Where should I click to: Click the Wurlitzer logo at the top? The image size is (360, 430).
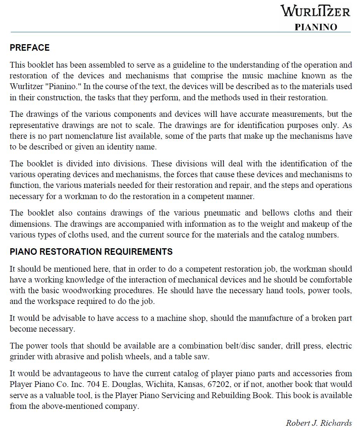tap(315, 11)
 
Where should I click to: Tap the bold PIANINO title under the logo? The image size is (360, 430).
tap(316, 27)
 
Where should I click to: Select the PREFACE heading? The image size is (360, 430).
tap(30, 48)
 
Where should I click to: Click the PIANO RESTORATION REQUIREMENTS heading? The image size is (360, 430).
tap(91, 252)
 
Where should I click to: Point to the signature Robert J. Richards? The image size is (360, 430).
tap(319, 423)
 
